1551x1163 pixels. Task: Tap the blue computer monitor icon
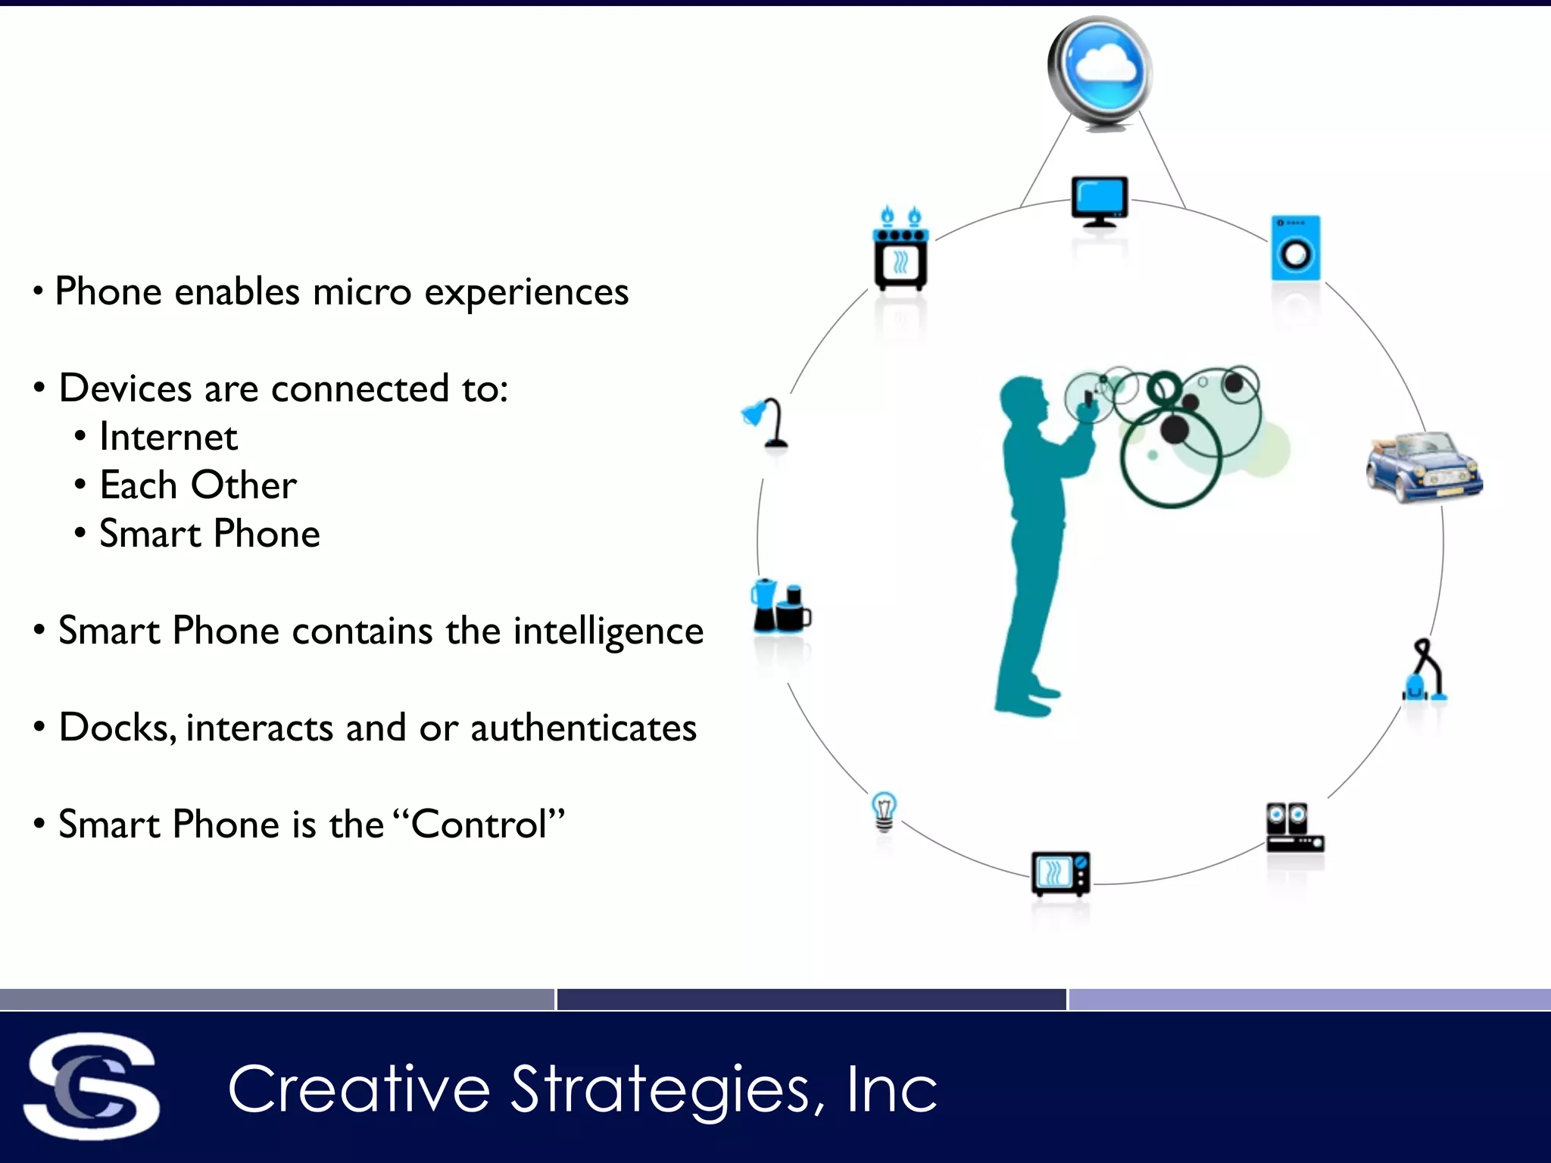click(x=1100, y=200)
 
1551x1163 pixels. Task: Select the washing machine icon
click(x=1296, y=248)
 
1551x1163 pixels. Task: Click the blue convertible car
click(x=1424, y=466)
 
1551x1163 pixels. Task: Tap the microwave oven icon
click(x=1060, y=873)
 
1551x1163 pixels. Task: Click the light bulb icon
click(x=884, y=811)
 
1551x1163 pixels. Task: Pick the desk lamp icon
click(x=767, y=422)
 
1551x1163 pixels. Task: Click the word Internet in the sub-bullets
click(x=168, y=437)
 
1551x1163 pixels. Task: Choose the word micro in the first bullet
click(x=362, y=292)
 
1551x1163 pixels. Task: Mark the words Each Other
click(x=198, y=485)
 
